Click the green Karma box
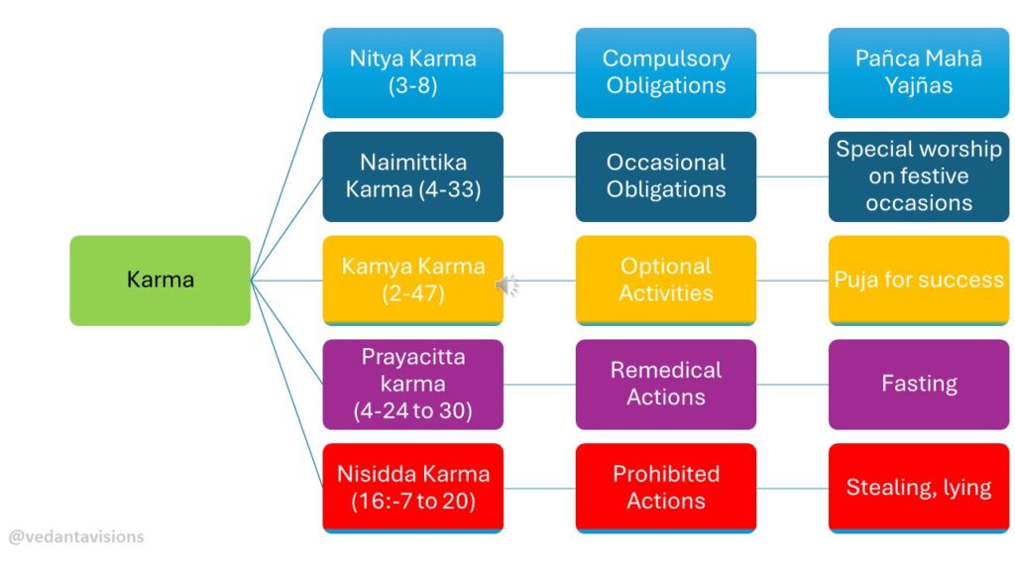(160, 281)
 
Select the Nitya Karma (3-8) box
(413, 72)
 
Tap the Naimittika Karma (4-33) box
(413, 176)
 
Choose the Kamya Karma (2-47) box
(413, 281)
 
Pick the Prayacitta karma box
(413, 385)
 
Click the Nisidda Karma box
(413, 488)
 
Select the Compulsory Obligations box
(666, 72)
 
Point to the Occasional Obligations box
(666, 176)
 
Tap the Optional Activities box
(666, 281)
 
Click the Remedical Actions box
(666, 385)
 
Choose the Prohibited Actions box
(666, 488)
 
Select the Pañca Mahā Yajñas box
(919, 72)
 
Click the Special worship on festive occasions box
(919, 176)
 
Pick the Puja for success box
(919, 281)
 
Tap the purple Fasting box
(919, 385)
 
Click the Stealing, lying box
(919, 488)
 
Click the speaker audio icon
(507, 285)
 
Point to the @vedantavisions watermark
(76, 536)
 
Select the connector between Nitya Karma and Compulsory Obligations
(540, 72)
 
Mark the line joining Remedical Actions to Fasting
(792, 385)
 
